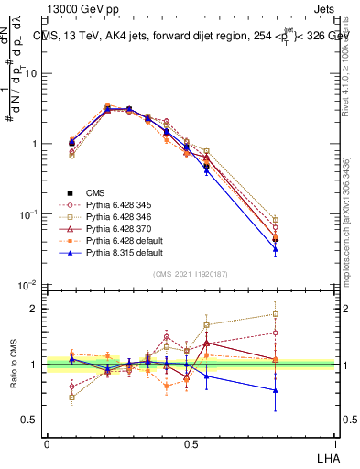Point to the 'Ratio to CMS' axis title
(13, 365)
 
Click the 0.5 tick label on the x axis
(191, 443)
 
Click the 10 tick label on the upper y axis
(32, 73)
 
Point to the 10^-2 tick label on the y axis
(30, 286)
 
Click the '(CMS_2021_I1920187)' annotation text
(191, 274)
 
